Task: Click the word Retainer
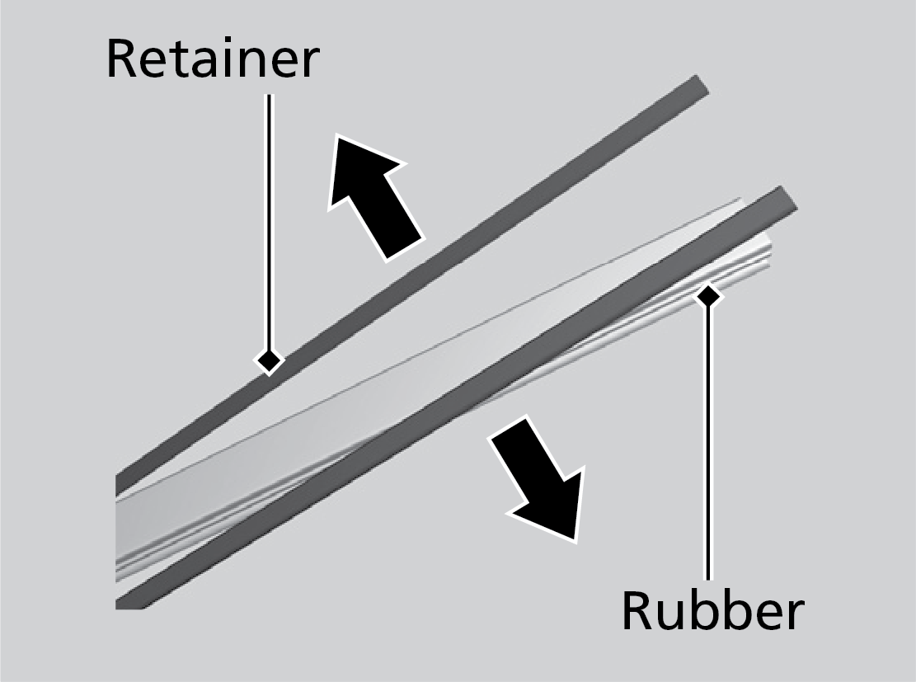coord(212,59)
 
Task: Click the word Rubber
coord(712,611)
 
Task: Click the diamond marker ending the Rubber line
coord(707,294)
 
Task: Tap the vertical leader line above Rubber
coord(707,437)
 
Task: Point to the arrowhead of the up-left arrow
coord(350,165)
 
